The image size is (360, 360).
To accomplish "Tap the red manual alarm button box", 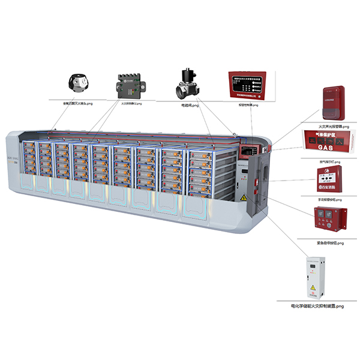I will (329, 179).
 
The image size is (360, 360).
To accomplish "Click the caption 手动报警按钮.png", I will (329, 199).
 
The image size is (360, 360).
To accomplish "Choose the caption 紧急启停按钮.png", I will (329, 243).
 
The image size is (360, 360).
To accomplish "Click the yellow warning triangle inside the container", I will (243, 196).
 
